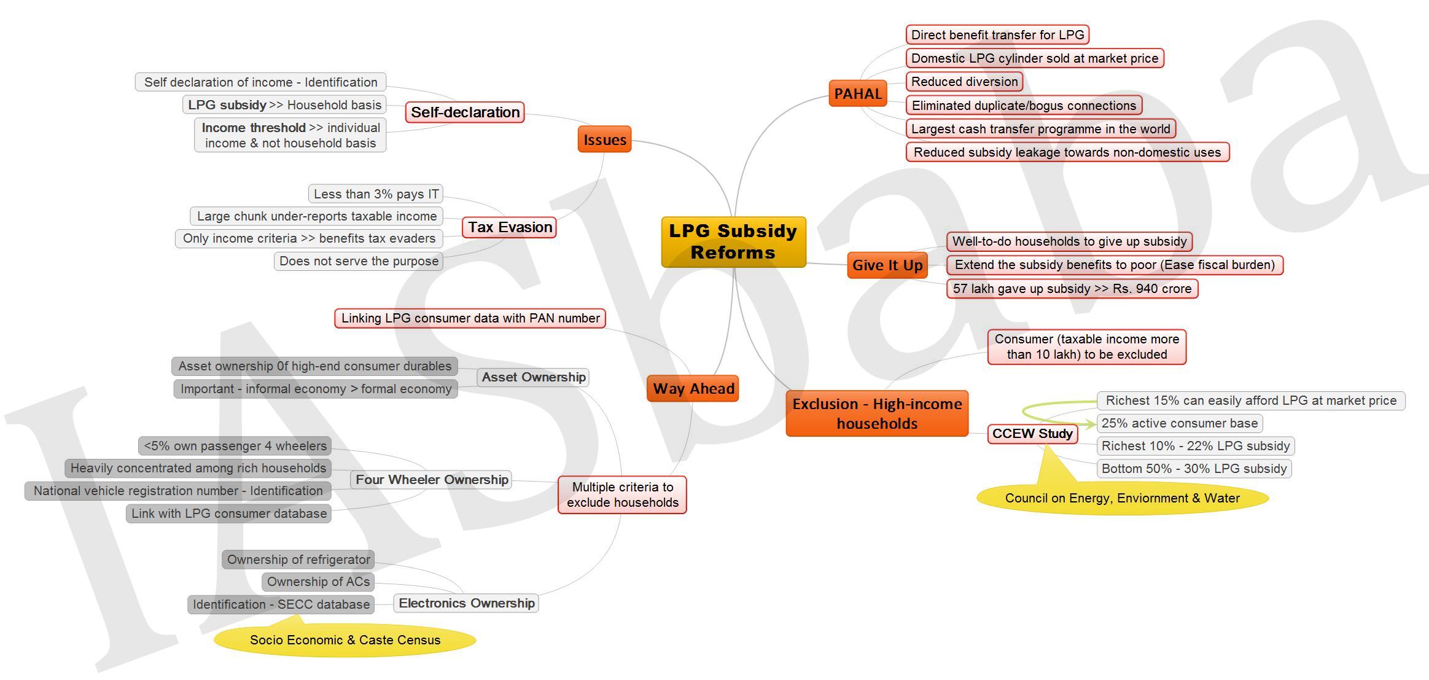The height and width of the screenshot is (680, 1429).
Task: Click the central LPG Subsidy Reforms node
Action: tap(733, 242)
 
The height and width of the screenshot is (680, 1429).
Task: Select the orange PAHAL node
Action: tap(858, 93)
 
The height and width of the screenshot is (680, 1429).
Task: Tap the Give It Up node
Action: tap(887, 265)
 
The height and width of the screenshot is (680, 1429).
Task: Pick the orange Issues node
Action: tap(605, 139)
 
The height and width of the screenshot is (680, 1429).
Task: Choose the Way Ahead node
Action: tap(693, 388)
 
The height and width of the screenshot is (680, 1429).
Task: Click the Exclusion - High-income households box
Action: tap(877, 413)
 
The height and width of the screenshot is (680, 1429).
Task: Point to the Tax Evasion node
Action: tap(510, 227)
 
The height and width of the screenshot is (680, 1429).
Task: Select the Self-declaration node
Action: tap(465, 112)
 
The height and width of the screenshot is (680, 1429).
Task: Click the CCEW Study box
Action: tap(1032, 434)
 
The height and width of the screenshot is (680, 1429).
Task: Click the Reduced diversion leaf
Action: tap(964, 82)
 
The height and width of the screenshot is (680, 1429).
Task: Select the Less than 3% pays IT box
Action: tap(376, 194)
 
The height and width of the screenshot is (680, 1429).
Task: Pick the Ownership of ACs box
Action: tap(318, 582)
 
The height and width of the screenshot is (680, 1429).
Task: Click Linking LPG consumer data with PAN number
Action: tap(470, 318)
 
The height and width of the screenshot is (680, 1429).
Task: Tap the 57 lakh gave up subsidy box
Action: tap(1072, 289)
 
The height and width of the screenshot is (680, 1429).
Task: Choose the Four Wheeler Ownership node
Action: tap(432, 480)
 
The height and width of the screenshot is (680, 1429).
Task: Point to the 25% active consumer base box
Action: tap(1180, 423)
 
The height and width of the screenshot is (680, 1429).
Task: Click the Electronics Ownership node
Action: tap(466, 603)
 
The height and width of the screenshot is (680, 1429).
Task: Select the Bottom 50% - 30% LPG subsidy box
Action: tap(1194, 469)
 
